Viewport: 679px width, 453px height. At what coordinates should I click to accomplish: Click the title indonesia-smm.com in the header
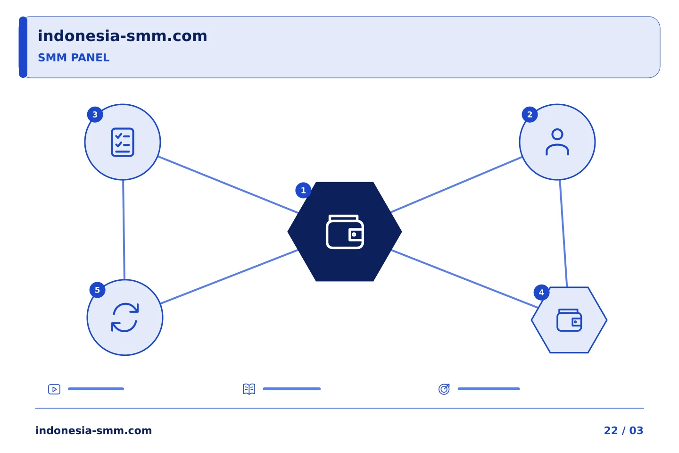click(x=123, y=36)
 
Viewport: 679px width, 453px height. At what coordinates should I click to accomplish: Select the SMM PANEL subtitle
click(x=74, y=58)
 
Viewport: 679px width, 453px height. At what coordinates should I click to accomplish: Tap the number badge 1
click(x=303, y=190)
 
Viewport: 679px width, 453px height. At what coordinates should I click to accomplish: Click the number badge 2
click(x=530, y=115)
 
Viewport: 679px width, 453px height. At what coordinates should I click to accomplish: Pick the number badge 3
click(x=95, y=115)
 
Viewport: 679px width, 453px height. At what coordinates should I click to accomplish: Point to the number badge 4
click(x=541, y=293)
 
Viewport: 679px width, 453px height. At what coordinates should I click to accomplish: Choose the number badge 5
click(x=97, y=290)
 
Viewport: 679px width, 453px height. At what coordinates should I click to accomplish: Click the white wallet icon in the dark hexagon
click(x=345, y=232)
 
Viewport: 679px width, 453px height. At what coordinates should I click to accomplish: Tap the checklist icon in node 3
click(x=123, y=142)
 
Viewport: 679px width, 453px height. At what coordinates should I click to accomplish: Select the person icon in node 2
click(x=557, y=142)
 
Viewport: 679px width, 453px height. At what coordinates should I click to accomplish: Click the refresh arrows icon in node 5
click(x=125, y=318)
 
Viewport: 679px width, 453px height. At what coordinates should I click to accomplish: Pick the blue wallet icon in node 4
click(x=569, y=320)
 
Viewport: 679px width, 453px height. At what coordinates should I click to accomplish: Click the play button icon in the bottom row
click(x=54, y=389)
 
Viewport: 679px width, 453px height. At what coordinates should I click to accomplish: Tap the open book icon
click(x=249, y=389)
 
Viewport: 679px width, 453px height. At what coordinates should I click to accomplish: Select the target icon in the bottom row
click(x=444, y=389)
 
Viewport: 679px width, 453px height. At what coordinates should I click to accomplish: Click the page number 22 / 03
click(x=623, y=430)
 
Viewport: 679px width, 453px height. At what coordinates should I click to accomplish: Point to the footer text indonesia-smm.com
click(x=94, y=430)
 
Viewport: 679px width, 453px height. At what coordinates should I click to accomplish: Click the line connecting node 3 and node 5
click(x=124, y=230)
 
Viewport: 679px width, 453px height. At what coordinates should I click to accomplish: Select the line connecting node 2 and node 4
click(x=563, y=233)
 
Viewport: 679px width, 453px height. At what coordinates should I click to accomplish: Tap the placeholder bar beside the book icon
click(x=291, y=389)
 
